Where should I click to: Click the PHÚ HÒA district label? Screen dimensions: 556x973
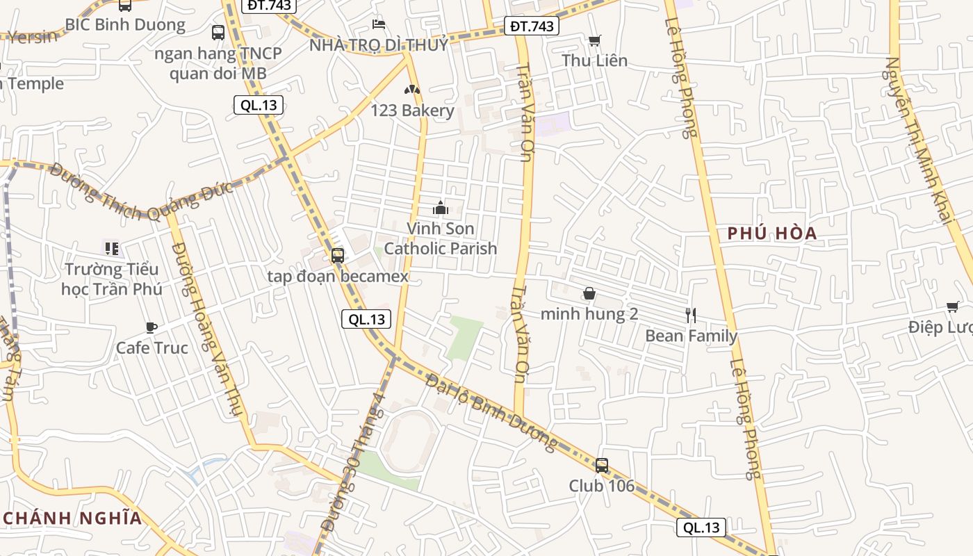[772, 234]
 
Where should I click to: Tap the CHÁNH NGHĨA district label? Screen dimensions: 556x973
[72, 518]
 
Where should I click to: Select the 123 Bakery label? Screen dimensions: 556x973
[412, 111]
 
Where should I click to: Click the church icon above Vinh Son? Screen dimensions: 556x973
[440, 208]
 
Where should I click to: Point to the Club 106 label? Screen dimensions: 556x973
[602, 486]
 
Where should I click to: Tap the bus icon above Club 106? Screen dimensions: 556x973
[602, 465]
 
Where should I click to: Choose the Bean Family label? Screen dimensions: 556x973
[691, 336]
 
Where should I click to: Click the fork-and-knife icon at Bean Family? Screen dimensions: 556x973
[691, 316]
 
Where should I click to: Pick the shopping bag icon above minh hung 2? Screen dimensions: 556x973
[589, 294]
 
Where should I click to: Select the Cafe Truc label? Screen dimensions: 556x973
[152, 347]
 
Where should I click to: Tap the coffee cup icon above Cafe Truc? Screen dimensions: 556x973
[152, 327]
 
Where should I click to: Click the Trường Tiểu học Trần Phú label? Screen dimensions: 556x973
[111, 279]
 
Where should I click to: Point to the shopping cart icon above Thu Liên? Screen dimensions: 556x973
[594, 40]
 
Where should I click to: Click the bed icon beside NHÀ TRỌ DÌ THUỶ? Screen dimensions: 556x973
[379, 24]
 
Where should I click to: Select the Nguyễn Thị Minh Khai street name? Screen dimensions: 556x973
[917, 139]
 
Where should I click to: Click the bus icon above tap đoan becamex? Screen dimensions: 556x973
[338, 255]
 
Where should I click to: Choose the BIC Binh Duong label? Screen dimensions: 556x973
[125, 25]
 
